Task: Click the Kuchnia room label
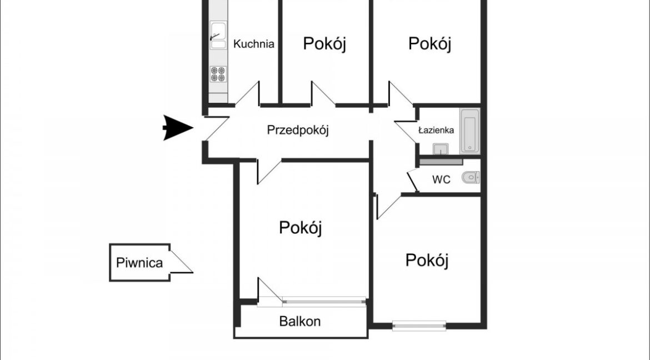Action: click(254, 44)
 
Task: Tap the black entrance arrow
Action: click(178, 128)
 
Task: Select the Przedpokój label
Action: click(298, 130)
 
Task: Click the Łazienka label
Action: click(436, 130)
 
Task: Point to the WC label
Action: click(441, 179)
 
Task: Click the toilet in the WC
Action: click(471, 178)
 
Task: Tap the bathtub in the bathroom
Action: click(469, 131)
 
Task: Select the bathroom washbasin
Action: click(440, 148)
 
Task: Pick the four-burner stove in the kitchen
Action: click(218, 74)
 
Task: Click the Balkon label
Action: click(299, 322)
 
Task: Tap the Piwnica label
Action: click(139, 263)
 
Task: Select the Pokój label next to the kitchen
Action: click(324, 43)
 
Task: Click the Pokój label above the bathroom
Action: click(429, 43)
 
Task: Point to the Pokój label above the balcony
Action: click(300, 228)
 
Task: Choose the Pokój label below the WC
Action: click(427, 261)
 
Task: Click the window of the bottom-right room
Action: click(419, 326)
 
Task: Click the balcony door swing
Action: click(269, 292)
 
